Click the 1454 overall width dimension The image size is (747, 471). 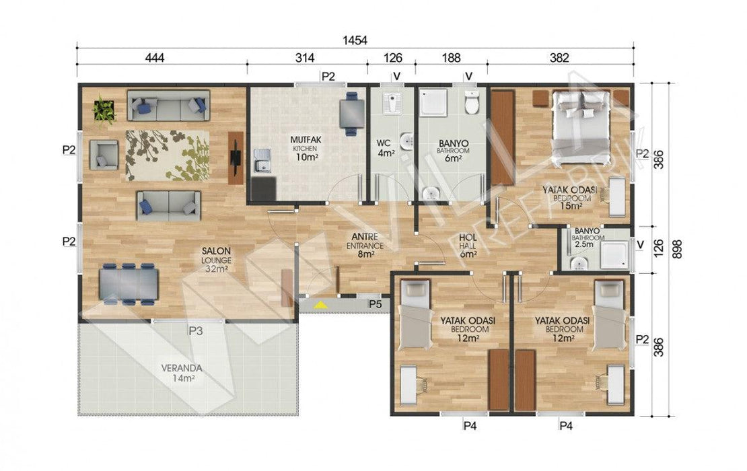tap(355, 40)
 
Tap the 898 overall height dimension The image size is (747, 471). tap(677, 249)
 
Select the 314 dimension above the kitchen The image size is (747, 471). tap(305, 58)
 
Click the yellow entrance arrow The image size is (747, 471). tap(320, 304)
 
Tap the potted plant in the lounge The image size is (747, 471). tap(104, 110)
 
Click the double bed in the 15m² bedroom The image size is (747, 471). tap(581, 122)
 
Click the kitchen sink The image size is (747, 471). tap(262, 161)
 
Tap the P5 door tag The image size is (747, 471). tap(376, 304)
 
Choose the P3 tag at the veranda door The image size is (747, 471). tap(196, 331)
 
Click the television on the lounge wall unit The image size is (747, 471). tap(235, 157)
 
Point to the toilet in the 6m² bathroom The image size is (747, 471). tap(471, 102)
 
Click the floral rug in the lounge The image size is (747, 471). tap(167, 155)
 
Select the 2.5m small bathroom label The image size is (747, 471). tap(583, 244)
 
